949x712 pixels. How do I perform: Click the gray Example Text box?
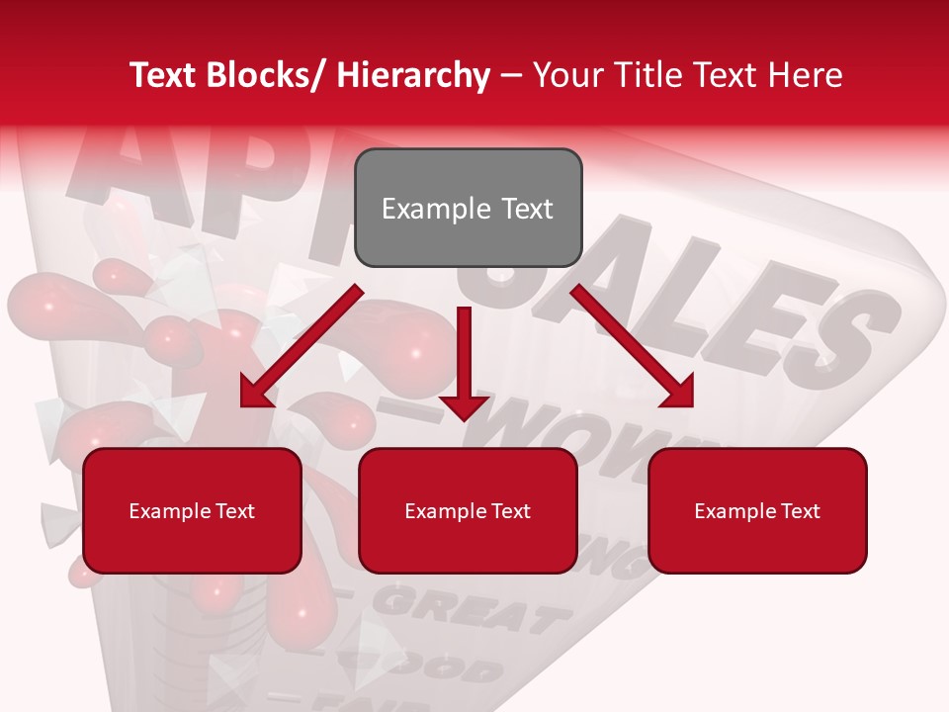pyautogui.click(x=468, y=208)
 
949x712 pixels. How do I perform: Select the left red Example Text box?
pyautogui.click(x=192, y=510)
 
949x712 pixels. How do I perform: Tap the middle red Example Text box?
pyautogui.click(x=468, y=510)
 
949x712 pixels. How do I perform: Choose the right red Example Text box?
pyautogui.click(x=757, y=510)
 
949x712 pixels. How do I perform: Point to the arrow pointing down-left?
pyautogui.click(x=302, y=346)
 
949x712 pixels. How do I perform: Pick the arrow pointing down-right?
pyautogui.click(x=633, y=346)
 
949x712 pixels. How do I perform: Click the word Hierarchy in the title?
pyautogui.click(x=412, y=75)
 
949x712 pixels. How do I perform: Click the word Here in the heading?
pyautogui.click(x=806, y=75)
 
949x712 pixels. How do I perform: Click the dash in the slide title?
pyautogui.click(x=511, y=75)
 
